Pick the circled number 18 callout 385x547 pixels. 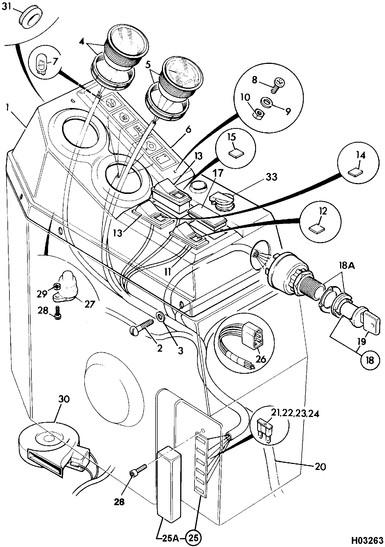coord(370,360)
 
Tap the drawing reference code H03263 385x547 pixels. coord(367,540)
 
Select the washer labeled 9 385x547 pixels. coord(266,102)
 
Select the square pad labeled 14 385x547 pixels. coord(355,172)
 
